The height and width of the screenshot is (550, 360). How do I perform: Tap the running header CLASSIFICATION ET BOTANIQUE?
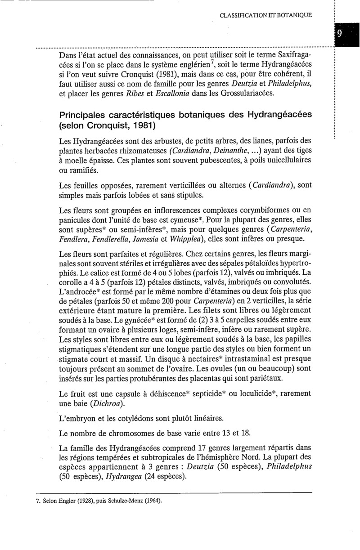click(266, 15)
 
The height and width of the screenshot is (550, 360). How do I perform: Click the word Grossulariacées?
click(250, 94)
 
